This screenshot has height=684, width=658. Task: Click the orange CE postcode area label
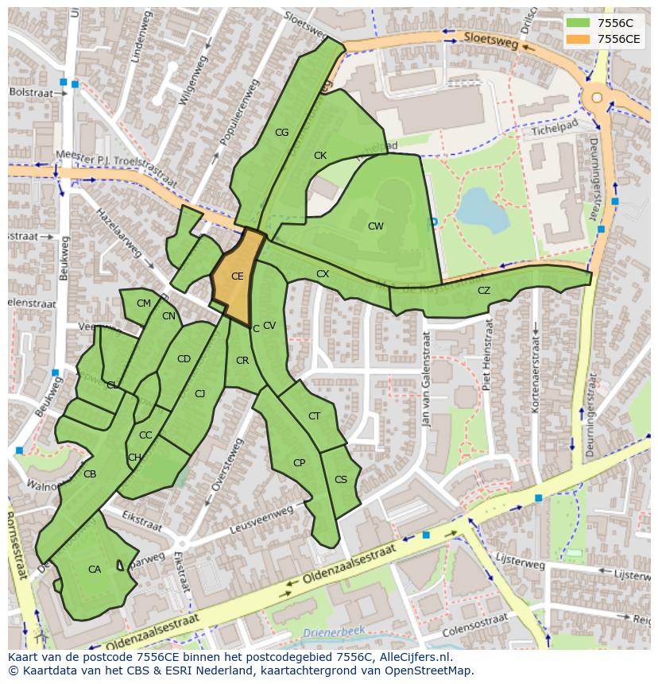click(x=237, y=276)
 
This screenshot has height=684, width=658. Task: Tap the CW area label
click(x=375, y=226)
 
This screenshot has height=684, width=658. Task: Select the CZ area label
click(x=483, y=291)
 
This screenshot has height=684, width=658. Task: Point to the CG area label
click(x=281, y=133)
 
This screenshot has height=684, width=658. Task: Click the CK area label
click(x=319, y=156)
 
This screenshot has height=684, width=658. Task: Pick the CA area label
click(x=95, y=569)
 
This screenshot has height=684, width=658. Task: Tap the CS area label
click(x=340, y=479)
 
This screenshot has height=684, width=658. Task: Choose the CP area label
click(x=299, y=462)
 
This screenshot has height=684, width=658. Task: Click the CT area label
click(x=314, y=416)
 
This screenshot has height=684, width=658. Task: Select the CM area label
click(x=143, y=303)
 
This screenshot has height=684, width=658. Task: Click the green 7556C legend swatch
click(x=578, y=23)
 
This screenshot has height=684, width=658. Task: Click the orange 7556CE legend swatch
click(x=578, y=39)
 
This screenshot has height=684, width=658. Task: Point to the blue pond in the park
click(x=483, y=209)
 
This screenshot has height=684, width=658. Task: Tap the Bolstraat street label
click(x=29, y=92)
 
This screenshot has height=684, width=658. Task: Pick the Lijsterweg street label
click(x=520, y=563)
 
